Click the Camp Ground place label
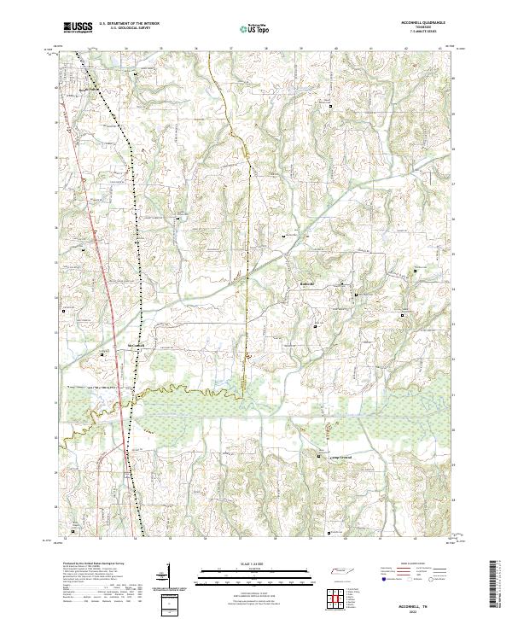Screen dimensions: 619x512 [x=341, y=458]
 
